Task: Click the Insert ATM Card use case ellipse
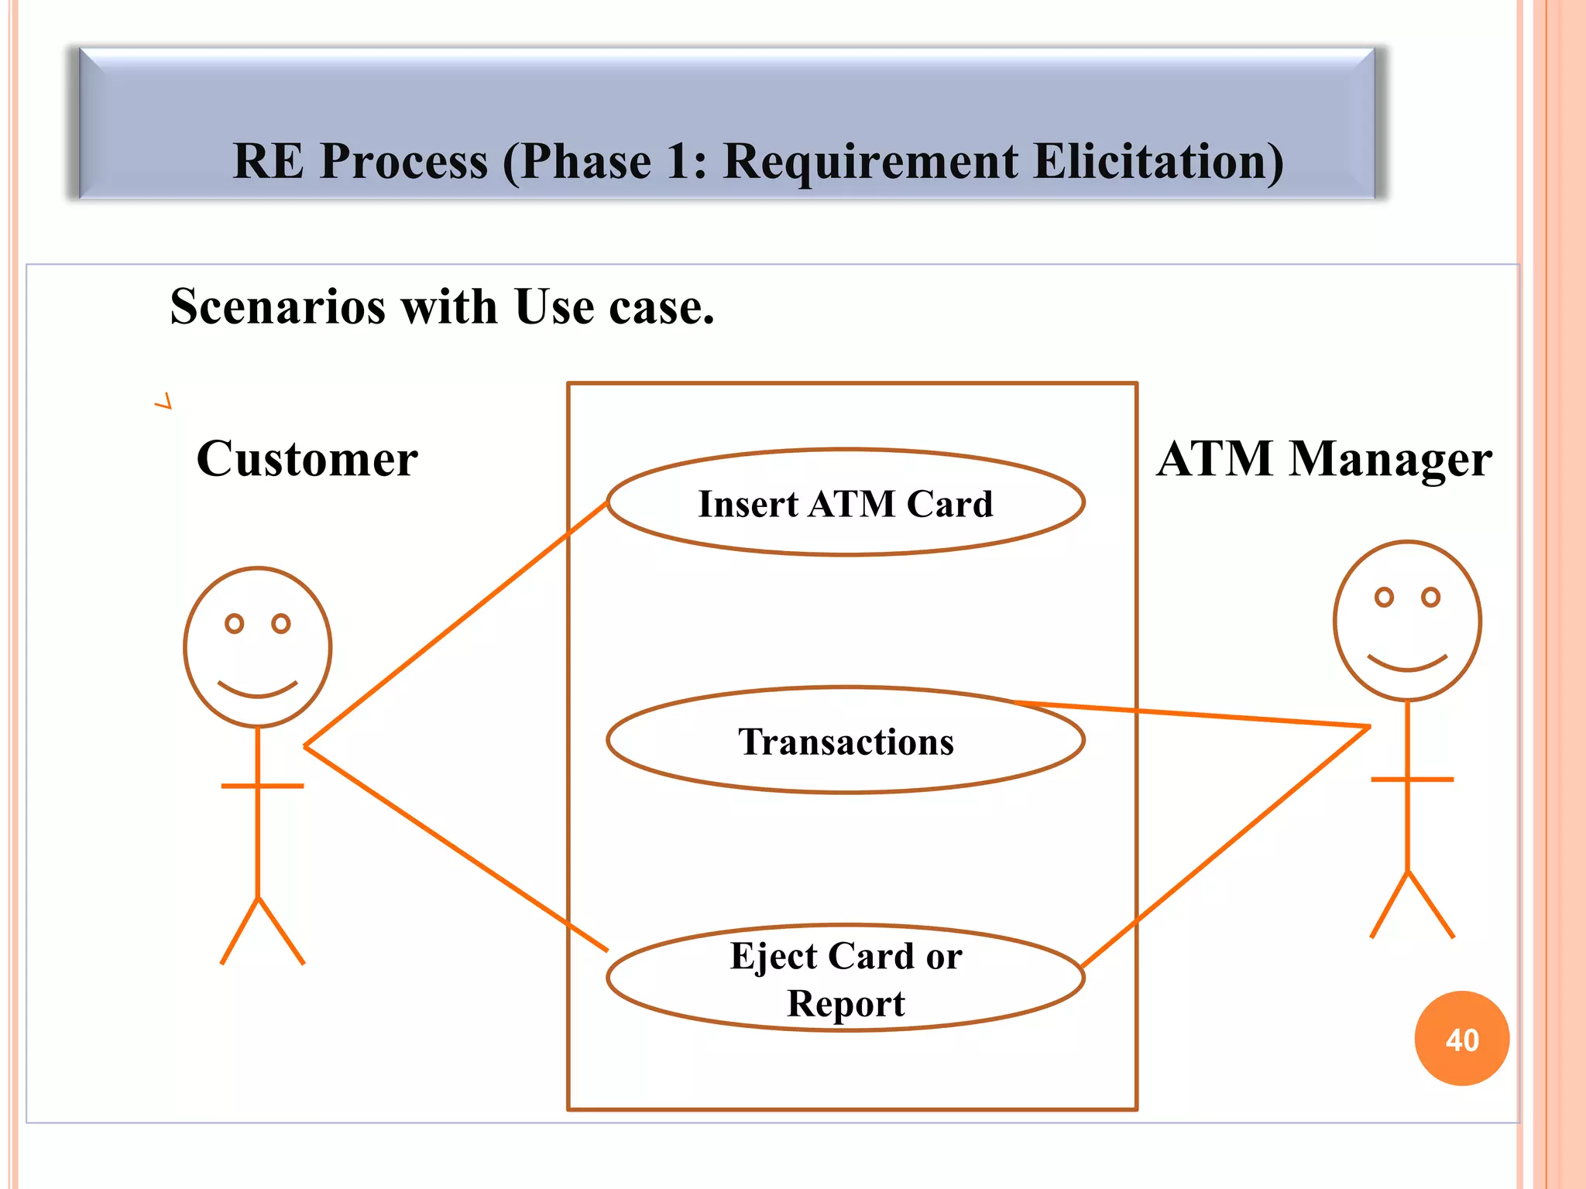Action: click(x=846, y=503)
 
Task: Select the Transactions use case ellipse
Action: click(x=846, y=741)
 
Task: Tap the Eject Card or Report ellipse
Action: click(x=846, y=978)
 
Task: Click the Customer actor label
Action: click(x=307, y=459)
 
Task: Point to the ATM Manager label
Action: click(x=1324, y=459)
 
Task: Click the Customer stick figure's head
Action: click(x=258, y=647)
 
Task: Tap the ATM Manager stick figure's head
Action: click(x=1408, y=621)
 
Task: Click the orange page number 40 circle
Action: click(x=1462, y=1039)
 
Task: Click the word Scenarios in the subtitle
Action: click(x=279, y=307)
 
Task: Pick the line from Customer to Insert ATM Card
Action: click(x=457, y=624)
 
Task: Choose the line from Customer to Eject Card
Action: click(x=457, y=849)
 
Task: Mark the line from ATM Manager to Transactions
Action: click(x=1193, y=714)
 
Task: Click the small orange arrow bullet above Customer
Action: click(x=163, y=401)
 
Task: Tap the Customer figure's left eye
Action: click(x=234, y=623)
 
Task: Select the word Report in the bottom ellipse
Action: click(x=846, y=1004)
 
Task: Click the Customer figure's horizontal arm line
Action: click(x=263, y=786)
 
